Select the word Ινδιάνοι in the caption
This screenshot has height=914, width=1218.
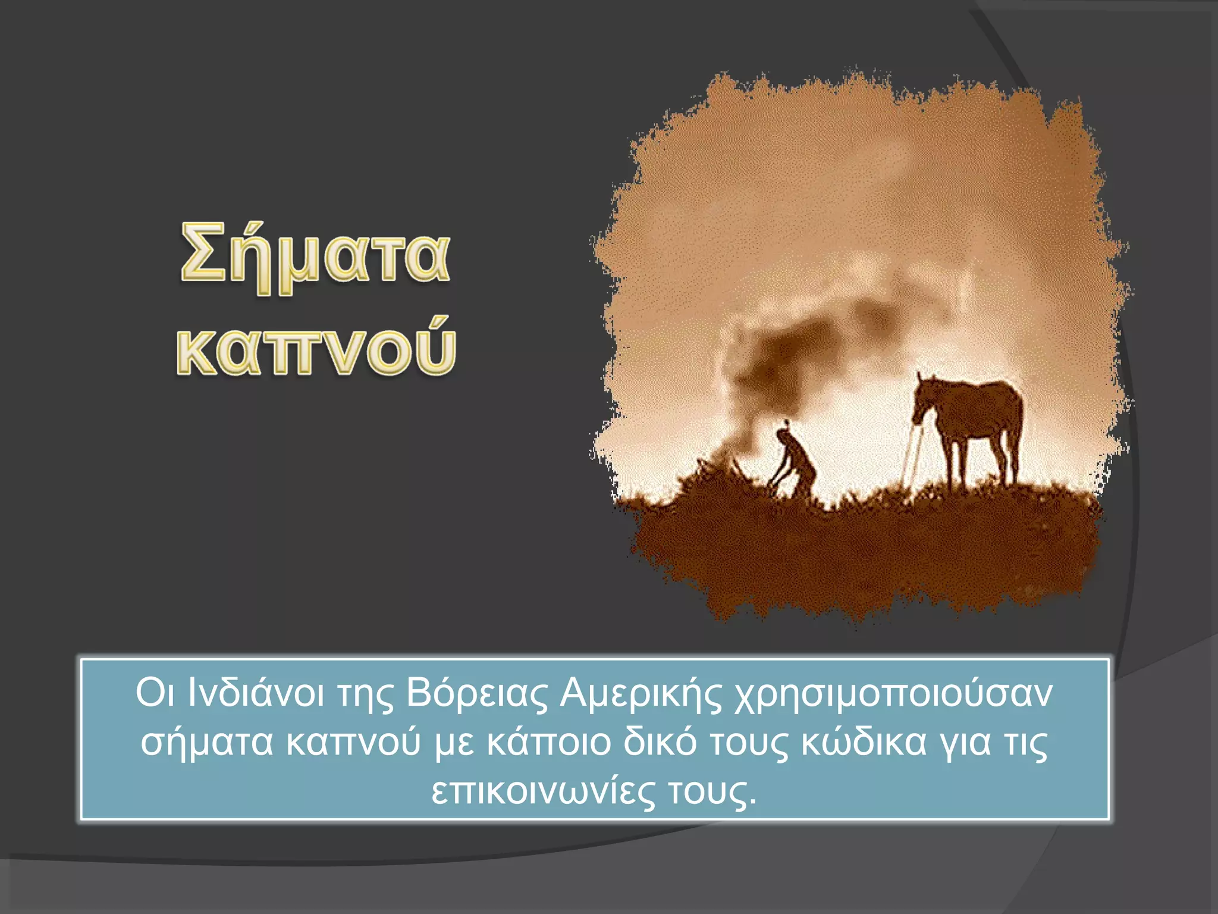[x=256, y=693]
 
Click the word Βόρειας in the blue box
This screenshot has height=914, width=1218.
[x=476, y=693]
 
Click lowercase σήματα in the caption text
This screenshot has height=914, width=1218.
[x=206, y=744]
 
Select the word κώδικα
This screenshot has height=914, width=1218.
[x=864, y=743]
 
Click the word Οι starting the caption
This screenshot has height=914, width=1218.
[x=155, y=693]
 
